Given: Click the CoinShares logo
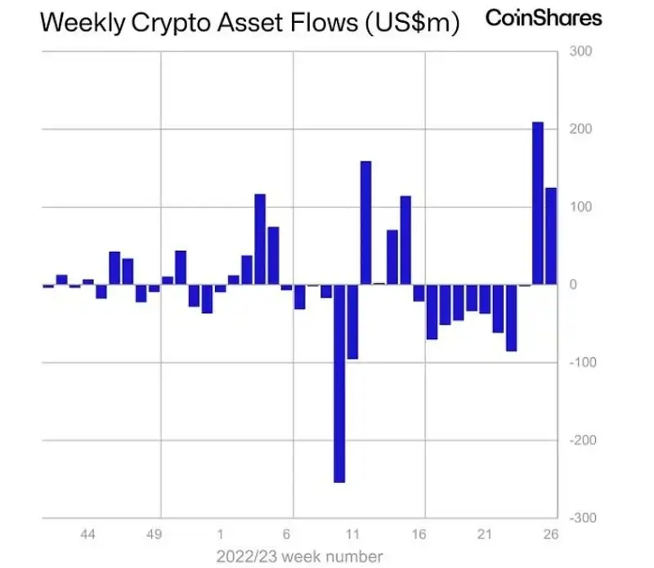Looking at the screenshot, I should click(x=544, y=17).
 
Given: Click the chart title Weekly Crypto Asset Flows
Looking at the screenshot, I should click(x=249, y=23).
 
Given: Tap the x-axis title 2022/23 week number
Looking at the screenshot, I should click(x=298, y=556).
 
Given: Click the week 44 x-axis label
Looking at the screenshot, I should click(x=88, y=534).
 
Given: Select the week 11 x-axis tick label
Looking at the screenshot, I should click(x=353, y=534).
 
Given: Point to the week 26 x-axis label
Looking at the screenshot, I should click(x=551, y=534).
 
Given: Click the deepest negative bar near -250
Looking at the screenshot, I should click(x=339, y=383).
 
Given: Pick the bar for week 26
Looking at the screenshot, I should click(x=551, y=235).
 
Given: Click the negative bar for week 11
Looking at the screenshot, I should click(x=352, y=321).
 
